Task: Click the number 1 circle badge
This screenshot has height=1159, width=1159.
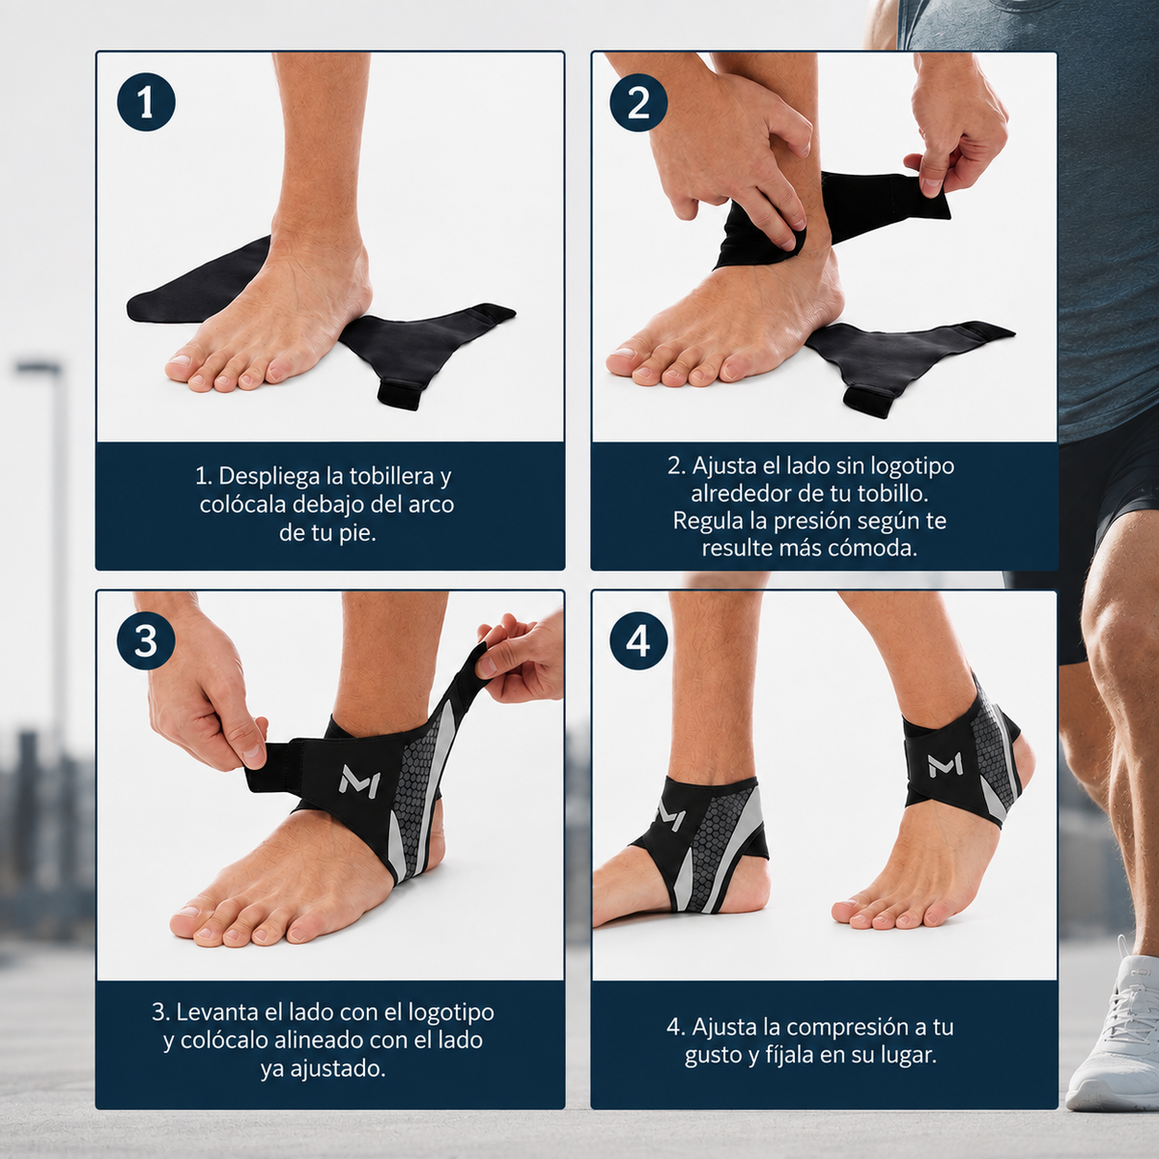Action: click(x=146, y=102)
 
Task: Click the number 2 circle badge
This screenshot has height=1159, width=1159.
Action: click(x=638, y=102)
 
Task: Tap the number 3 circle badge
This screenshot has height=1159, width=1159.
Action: click(x=146, y=641)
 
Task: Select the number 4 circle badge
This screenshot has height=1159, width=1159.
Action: click(x=638, y=641)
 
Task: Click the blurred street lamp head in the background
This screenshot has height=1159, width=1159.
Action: click(x=38, y=366)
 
